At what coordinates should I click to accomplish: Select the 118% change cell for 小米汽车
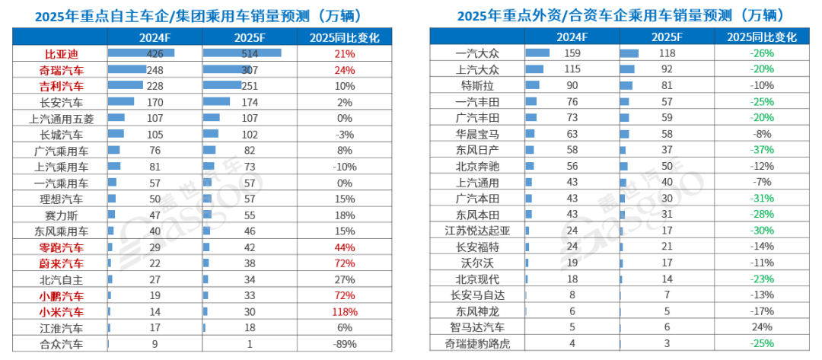(x=344, y=311)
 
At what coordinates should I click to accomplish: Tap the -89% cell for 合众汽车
(x=344, y=343)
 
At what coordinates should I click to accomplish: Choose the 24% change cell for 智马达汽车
(x=762, y=327)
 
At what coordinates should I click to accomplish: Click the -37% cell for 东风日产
(x=762, y=150)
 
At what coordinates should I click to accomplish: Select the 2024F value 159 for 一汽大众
(x=571, y=53)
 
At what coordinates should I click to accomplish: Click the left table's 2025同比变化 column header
(x=344, y=37)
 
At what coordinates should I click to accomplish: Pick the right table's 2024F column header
(x=571, y=37)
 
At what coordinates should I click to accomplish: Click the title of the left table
(x=199, y=15)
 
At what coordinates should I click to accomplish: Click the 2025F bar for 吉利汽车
(x=221, y=85)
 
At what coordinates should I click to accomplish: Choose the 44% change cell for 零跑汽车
(x=344, y=247)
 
